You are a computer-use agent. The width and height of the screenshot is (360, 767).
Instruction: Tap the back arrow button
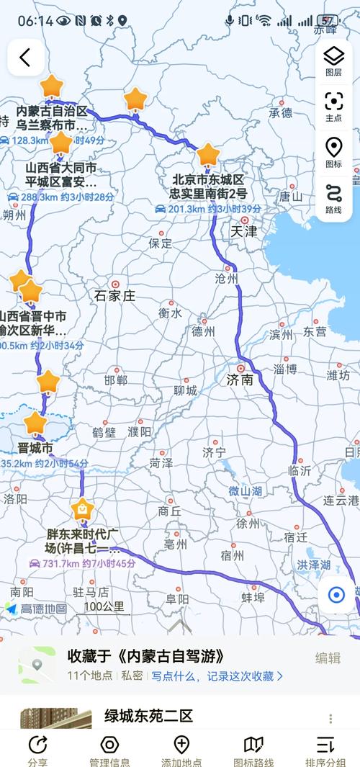25,58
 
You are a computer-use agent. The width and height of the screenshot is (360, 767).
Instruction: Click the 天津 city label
243,232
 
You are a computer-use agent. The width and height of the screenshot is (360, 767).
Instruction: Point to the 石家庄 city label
115,295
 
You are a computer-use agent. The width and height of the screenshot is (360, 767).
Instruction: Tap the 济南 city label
240,380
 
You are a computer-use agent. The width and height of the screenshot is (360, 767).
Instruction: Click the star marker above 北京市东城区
208,154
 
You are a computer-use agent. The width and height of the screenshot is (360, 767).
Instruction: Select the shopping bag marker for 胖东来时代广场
83,510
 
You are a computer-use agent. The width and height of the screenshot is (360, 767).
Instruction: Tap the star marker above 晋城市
35,422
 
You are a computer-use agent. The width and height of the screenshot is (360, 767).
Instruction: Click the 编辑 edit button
328,657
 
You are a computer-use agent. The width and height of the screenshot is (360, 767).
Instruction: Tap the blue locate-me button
336,595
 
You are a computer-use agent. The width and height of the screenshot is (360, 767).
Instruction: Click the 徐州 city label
247,523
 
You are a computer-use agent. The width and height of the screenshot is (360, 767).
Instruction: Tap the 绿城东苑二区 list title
149,716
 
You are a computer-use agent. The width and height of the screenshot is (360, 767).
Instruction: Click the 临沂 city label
299,470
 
